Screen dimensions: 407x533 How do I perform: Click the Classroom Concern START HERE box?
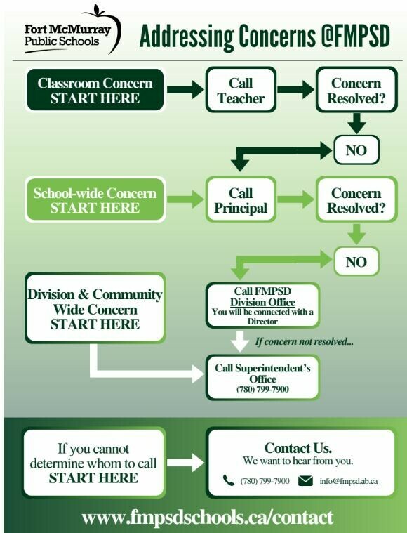(95, 90)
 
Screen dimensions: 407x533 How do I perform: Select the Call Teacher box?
(241, 90)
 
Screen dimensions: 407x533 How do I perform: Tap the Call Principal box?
(241, 200)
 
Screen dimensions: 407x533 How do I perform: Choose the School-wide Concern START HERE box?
(95, 200)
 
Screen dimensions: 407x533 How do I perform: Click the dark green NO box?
(356, 150)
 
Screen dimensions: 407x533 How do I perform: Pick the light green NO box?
(356, 262)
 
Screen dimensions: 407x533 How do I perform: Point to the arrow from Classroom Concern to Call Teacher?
(185, 89)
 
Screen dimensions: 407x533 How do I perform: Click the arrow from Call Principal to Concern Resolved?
(296, 199)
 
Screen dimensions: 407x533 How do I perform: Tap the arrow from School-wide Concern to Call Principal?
(185, 199)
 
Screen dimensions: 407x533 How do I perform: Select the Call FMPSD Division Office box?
(262, 305)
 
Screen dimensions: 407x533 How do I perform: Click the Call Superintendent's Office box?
(262, 377)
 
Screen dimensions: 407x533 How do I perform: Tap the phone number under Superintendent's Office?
(262, 389)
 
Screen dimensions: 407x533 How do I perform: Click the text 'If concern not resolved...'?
(305, 341)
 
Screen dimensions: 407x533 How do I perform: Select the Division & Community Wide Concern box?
(95, 308)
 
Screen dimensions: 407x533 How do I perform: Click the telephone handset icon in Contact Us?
(228, 480)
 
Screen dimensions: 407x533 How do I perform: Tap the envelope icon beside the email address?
(305, 480)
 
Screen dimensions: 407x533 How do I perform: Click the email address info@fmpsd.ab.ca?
(349, 481)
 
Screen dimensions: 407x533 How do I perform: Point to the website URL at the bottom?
(208, 518)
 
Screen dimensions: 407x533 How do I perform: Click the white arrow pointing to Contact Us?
(185, 463)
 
